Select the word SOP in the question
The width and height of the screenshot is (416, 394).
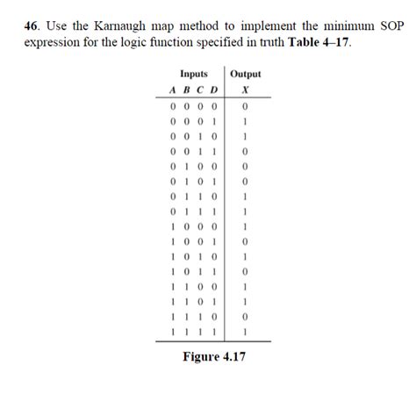point(391,27)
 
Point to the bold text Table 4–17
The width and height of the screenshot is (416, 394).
point(319,42)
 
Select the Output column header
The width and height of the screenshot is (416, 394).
point(245,75)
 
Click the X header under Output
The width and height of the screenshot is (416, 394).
point(245,90)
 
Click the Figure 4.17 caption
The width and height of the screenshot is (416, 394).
point(213,357)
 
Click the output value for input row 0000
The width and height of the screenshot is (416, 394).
point(245,106)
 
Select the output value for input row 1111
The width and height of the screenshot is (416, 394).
point(245,331)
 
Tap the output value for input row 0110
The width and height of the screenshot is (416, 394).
point(245,196)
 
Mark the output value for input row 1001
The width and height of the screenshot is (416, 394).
point(245,240)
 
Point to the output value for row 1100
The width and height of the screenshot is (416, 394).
point(245,286)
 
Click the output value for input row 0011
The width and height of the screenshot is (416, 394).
point(245,151)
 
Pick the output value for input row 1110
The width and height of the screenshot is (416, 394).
point(245,316)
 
